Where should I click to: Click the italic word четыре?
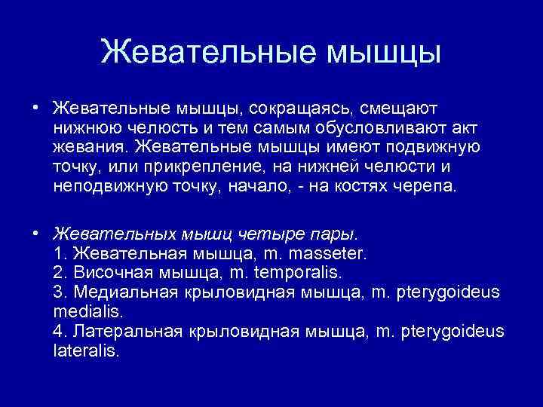click(268, 233)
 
